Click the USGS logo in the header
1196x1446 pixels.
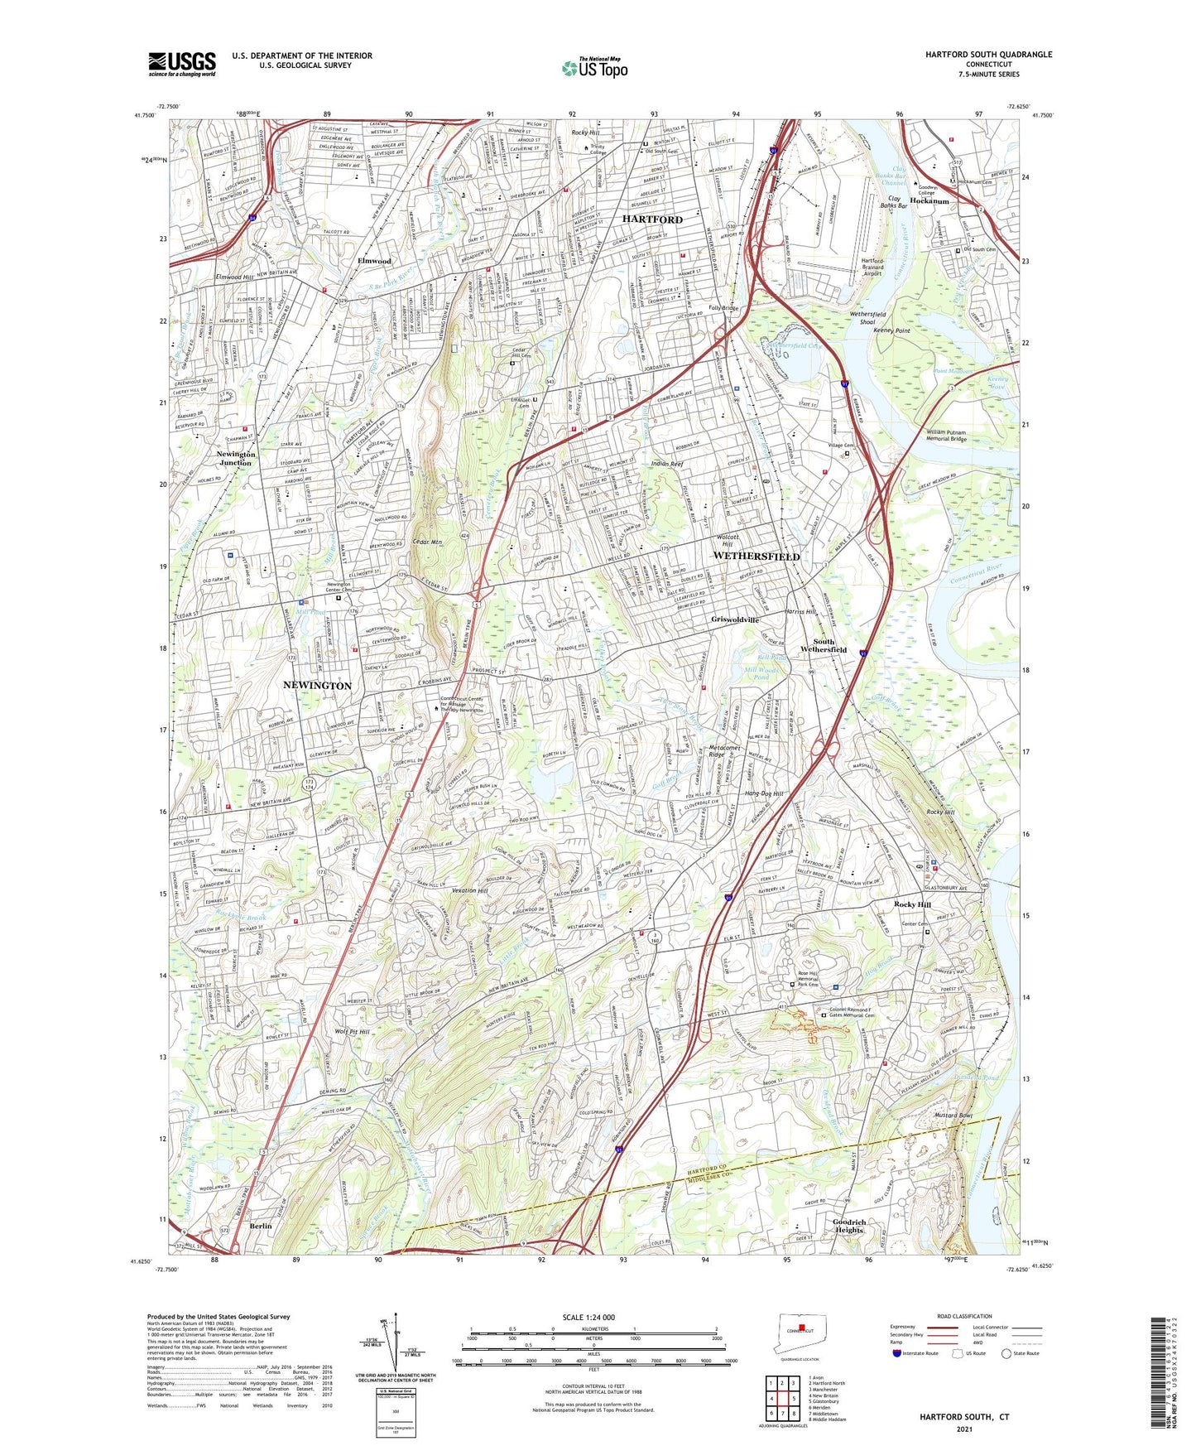tap(182, 63)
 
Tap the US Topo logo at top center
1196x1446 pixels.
tap(594, 68)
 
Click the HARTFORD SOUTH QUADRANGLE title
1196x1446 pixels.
tap(988, 55)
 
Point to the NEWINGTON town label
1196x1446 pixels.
tap(317, 686)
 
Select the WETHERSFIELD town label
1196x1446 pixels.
tap(756, 557)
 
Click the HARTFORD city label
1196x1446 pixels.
tap(652, 219)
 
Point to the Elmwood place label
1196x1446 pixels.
tap(374, 261)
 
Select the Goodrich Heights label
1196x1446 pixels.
tap(849, 1227)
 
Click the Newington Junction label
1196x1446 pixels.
tap(235, 459)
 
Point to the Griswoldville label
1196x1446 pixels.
tap(735, 619)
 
